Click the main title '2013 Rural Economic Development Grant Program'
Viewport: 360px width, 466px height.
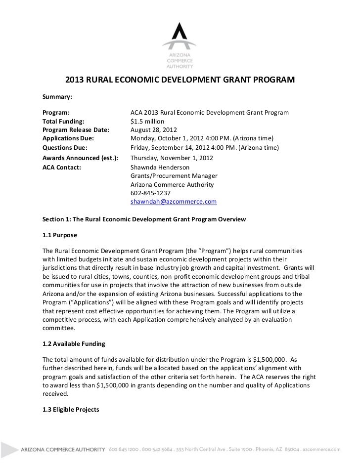(180, 80)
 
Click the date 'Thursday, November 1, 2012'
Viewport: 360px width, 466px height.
(172, 158)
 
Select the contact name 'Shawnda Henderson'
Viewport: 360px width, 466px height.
(160, 167)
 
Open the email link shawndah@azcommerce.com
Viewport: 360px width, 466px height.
(174, 203)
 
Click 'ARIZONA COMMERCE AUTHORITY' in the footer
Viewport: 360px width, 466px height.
(63, 450)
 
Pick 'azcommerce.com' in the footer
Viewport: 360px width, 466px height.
(324, 450)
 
